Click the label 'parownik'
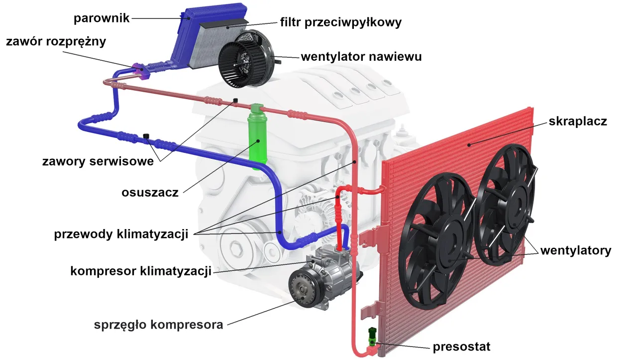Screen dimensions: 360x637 click(x=102, y=18)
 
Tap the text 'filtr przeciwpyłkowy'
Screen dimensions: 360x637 click(x=340, y=22)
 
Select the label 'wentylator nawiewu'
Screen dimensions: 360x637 click(x=361, y=57)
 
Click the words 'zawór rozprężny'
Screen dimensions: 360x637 click(x=56, y=41)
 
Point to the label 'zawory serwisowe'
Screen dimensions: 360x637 click(x=98, y=161)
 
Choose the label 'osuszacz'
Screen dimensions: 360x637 click(x=150, y=193)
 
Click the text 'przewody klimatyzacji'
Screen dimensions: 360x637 click(x=121, y=234)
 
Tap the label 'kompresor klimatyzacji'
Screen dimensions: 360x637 click(x=141, y=271)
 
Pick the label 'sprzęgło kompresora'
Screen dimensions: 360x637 click(x=158, y=325)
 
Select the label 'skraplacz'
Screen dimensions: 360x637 click(x=578, y=121)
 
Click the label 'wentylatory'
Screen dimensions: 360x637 click(x=576, y=250)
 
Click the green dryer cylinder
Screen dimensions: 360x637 click(x=257, y=137)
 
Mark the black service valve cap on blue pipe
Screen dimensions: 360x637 click(x=146, y=136)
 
